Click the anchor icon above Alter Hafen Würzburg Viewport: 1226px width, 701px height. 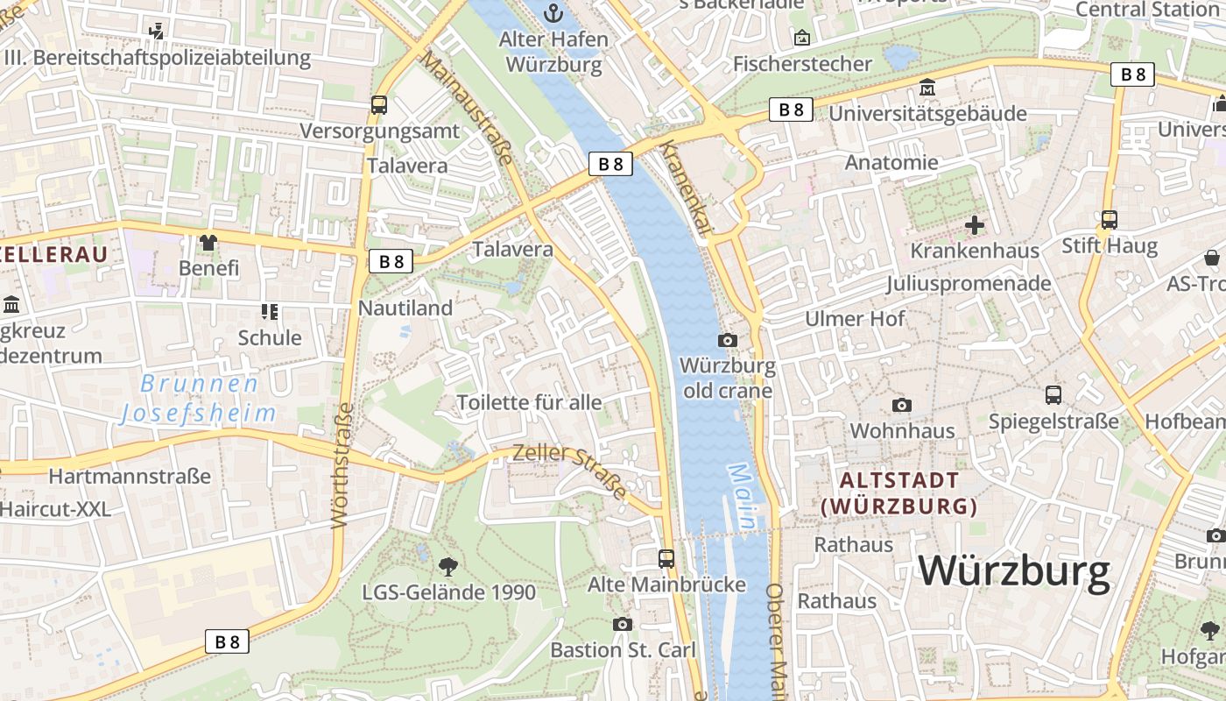(x=553, y=12)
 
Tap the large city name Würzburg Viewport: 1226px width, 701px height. (x=1014, y=571)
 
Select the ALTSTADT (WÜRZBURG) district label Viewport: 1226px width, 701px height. (x=899, y=493)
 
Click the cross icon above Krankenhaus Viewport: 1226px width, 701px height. (x=974, y=226)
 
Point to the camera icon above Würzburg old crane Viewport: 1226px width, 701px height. (x=727, y=340)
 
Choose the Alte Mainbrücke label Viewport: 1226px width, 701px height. (x=666, y=584)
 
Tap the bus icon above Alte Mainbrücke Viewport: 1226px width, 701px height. (x=666, y=558)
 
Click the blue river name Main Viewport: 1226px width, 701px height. (x=742, y=497)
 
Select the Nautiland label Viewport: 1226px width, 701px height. (x=405, y=308)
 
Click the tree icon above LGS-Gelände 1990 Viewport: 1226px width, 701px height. (x=448, y=566)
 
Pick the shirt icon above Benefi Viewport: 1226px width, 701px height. (x=208, y=242)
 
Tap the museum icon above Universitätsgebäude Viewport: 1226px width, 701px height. (x=927, y=88)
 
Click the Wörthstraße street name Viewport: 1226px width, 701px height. (x=342, y=465)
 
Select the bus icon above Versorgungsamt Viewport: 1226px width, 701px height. (x=379, y=105)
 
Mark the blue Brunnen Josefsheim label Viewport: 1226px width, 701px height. (x=199, y=399)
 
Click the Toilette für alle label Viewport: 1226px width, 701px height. (x=529, y=402)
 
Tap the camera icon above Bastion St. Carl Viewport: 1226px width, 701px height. (x=623, y=624)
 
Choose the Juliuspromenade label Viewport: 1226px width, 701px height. (x=968, y=283)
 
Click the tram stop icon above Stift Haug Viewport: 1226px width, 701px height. (x=1110, y=219)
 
